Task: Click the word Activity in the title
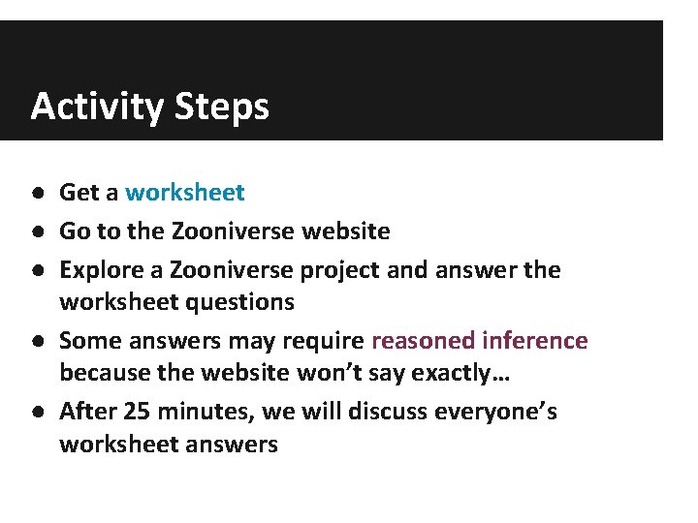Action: click(97, 107)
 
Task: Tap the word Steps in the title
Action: click(222, 107)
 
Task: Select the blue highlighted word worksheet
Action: click(185, 193)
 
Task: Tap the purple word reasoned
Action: click(422, 341)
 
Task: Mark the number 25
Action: click(137, 412)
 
